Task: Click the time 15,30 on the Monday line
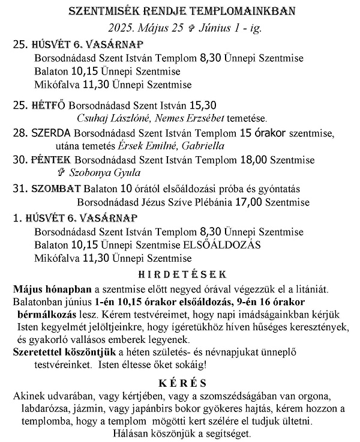click(203, 104)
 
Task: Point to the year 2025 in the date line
click(121, 28)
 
